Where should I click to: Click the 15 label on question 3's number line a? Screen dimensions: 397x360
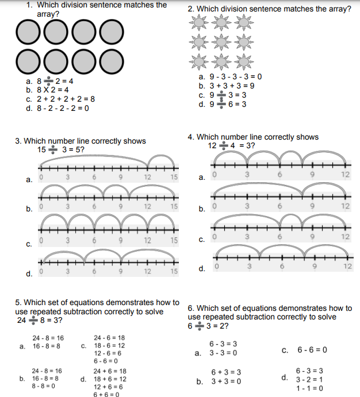[x=174, y=177]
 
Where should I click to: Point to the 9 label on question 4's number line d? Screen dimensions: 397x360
[x=313, y=266]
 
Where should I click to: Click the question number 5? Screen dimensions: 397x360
[x=18, y=302]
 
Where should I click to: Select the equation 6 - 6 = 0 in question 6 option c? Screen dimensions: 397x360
[x=312, y=349]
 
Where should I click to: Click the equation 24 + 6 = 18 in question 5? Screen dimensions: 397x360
[x=110, y=371]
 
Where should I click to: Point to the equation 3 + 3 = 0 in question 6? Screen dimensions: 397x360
[x=225, y=381]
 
